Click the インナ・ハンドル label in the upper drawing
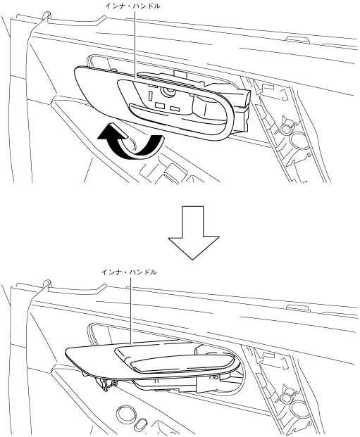[132, 6]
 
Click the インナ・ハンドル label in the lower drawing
[129, 272]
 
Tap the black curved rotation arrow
[129, 142]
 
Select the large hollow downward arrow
[194, 233]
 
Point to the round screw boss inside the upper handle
[168, 91]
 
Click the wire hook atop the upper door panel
[46, 16]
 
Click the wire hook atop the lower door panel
[46, 284]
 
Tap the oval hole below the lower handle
[140, 424]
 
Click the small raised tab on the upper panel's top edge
[297, 37]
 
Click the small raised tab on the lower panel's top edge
[297, 306]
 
